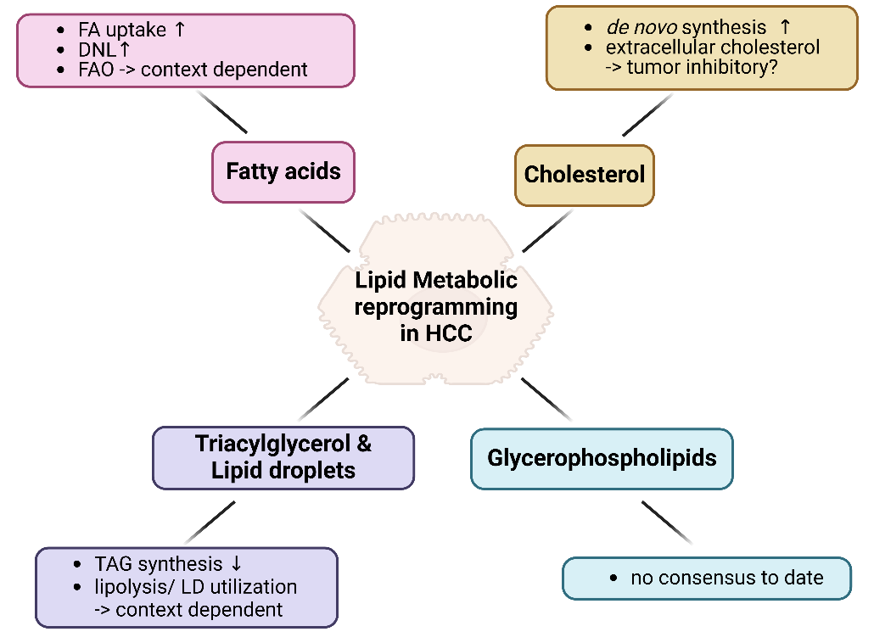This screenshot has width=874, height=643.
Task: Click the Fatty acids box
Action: coord(283,172)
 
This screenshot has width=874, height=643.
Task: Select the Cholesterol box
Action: coord(585,176)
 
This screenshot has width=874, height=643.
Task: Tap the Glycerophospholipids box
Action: coord(602,459)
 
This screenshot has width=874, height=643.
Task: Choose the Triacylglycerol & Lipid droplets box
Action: coord(283,457)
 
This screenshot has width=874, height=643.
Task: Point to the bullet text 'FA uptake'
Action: coord(125,30)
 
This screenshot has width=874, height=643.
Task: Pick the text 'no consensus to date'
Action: coord(726,579)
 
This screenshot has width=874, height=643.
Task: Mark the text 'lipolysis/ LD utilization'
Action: coord(196,586)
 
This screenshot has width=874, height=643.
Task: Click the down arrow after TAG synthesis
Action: coord(236,564)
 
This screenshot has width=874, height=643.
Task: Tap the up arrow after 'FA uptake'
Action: coord(179,30)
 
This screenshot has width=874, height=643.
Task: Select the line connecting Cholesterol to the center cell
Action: coord(547,230)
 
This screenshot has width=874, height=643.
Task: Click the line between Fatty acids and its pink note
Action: coord(222,112)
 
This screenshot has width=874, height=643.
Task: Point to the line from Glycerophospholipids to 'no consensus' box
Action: coord(667,523)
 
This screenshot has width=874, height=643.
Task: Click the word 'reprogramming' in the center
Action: coord(435,306)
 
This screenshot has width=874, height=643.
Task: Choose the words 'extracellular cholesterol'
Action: coord(713,48)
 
